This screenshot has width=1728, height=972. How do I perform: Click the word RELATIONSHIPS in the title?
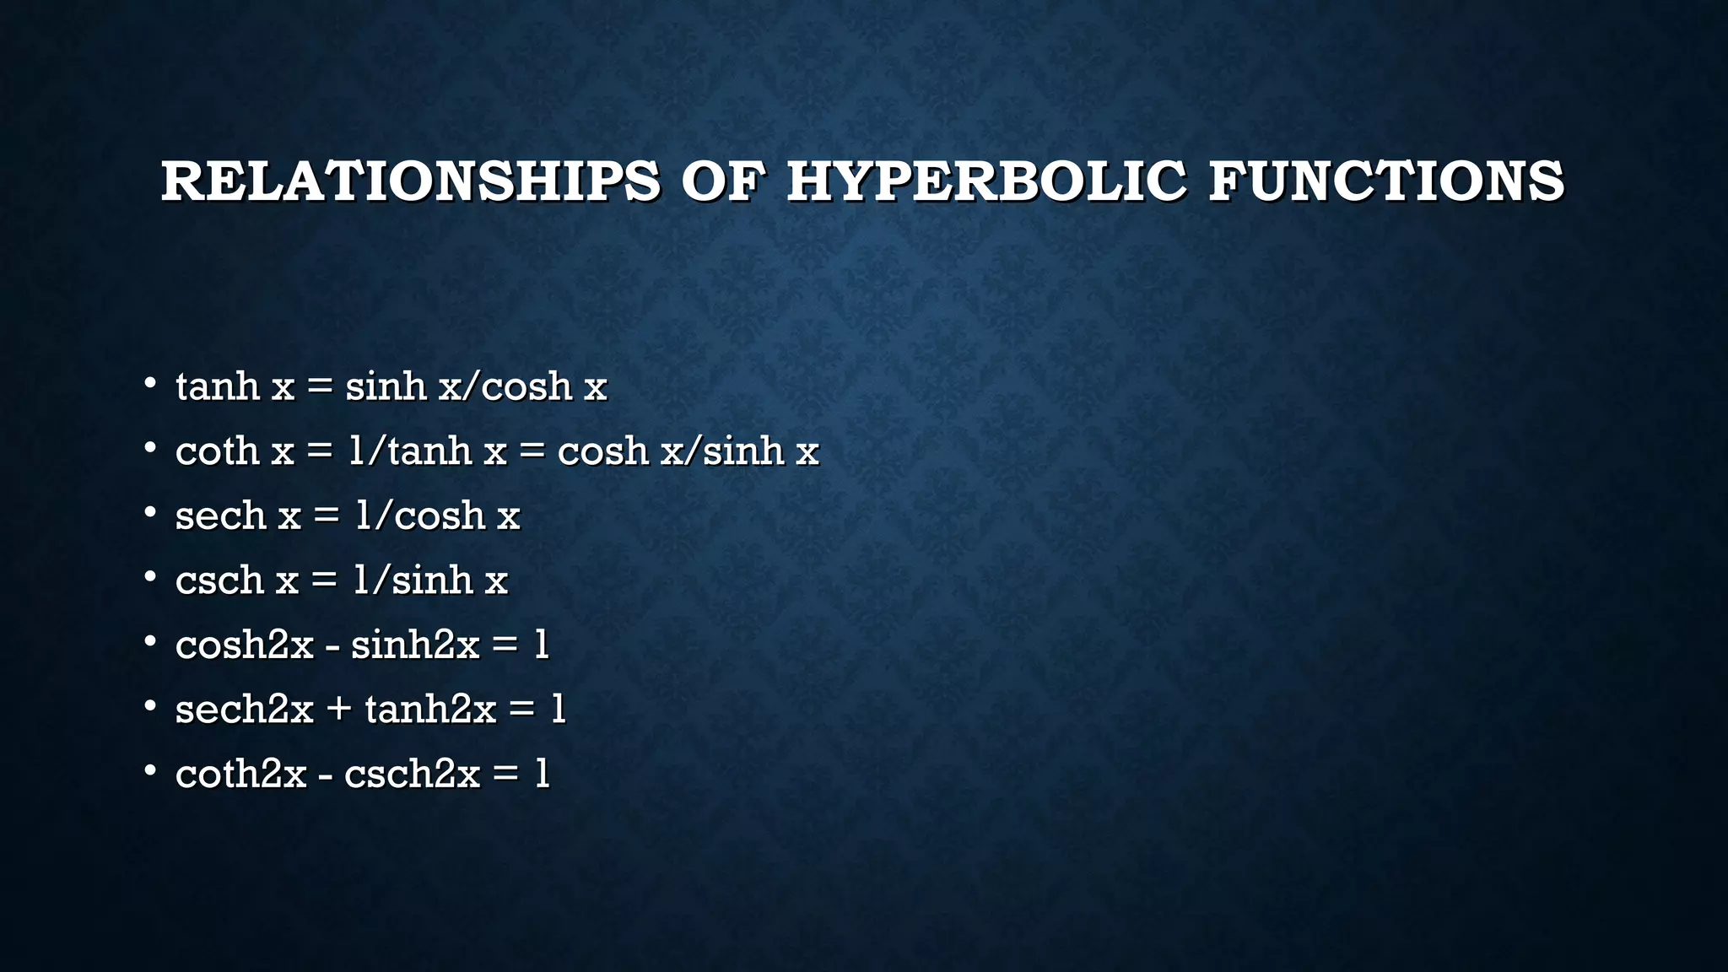tap(411, 181)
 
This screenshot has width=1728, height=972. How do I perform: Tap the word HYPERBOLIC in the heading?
tap(986, 181)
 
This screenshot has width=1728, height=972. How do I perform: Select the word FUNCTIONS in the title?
tap(1386, 181)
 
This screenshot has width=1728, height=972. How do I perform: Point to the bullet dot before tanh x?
tap(150, 384)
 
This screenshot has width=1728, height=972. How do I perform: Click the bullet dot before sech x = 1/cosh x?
tap(150, 513)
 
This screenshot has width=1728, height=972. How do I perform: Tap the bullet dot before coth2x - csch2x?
tap(150, 771)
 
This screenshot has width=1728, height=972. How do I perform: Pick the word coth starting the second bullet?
tap(217, 451)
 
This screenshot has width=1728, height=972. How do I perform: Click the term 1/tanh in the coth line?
tap(410, 451)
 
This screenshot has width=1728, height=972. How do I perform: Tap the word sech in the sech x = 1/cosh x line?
tap(220, 516)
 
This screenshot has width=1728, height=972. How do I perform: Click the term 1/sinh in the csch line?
tap(413, 580)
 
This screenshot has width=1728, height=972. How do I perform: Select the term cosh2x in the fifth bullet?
tap(244, 645)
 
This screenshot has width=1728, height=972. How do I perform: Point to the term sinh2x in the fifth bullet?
tap(415, 645)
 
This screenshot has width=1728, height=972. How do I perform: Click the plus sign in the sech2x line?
tap(338, 710)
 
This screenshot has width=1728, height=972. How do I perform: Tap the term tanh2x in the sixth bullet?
tap(430, 710)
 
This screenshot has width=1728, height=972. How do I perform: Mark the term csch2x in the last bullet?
tap(412, 774)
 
